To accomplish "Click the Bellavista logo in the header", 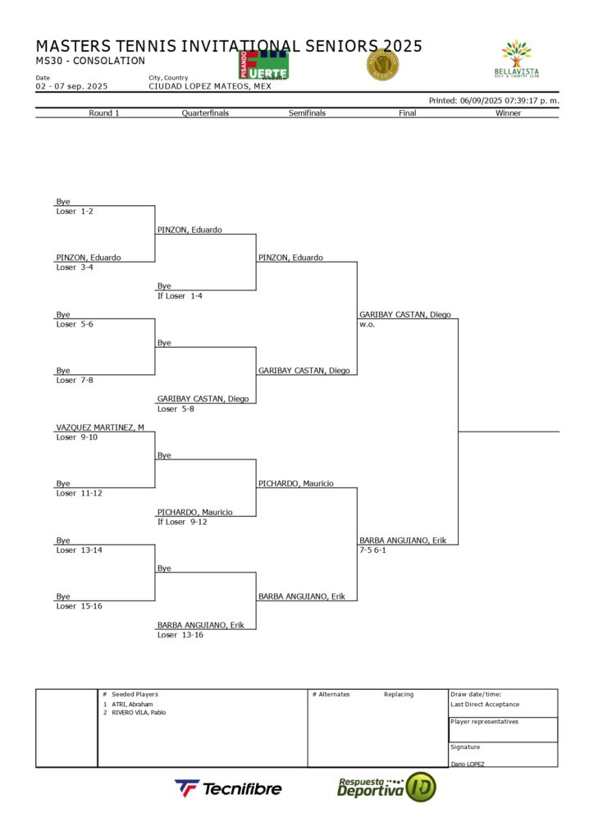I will pyautogui.click(x=517, y=60).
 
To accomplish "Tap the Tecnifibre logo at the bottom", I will pyautogui.click(x=228, y=788).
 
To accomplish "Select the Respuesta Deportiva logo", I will pyautogui.click(x=386, y=787).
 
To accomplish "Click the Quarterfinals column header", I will pyautogui.click(x=205, y=113).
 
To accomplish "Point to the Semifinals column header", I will pyautogui.click(x=307, y=113).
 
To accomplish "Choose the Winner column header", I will pyautogui.click(x=508, y=113).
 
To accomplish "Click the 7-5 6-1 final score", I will pyautogui.click(x=372, y=550).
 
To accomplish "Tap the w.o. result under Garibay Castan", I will pyautogui.click(x=366, y=324).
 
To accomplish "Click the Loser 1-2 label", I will pyautogui.click(x=75, y=212).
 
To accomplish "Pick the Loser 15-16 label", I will pyautogui.click(x=79, y=606).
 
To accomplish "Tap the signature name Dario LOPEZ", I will pyautogui.click(x=467, y=764).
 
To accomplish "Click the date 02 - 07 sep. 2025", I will pyautogui.click(x=71, y=86).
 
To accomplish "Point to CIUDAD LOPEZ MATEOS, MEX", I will pyautogui.click(x=209, y=86).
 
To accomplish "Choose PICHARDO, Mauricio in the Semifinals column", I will pyautogui.click(x=295, y=484).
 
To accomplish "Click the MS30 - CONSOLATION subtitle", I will pyautogui.click(x=90, y=61).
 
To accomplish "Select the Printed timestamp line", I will pyautogui.click(x=494, y=100).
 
